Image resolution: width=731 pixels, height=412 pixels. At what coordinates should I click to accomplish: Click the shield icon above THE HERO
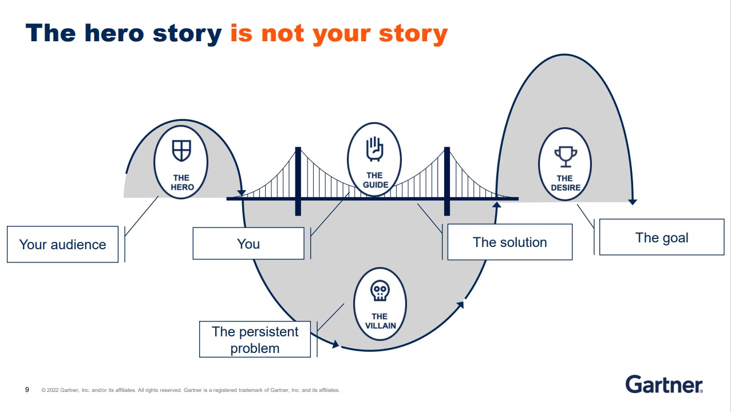(181, 151)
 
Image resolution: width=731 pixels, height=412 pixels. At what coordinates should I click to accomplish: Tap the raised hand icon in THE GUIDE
(374, 149)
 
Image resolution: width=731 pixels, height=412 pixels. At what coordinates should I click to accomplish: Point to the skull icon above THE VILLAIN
(380, 291)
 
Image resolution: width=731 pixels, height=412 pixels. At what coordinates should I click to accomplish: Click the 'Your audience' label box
(63, 244)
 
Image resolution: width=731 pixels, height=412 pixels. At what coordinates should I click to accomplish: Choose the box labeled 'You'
(248, 244)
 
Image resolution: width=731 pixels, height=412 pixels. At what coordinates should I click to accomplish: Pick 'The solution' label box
(509, 242)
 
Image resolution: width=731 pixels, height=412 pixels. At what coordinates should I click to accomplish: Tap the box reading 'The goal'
(662, 237)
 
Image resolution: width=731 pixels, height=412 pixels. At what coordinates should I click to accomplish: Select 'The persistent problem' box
(255, 339)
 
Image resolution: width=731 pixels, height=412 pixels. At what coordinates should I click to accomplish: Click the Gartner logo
(664, 384)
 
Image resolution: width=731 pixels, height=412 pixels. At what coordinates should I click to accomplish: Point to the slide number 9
(27, 390)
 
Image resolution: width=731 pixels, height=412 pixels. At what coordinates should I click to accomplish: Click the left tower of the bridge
(298, 181)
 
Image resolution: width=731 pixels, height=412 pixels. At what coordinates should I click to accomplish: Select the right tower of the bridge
(447, 181)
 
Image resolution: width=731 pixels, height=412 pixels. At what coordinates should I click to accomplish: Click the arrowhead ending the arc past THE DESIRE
(632, 201)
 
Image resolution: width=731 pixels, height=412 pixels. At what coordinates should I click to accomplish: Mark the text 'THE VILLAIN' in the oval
(380, 321)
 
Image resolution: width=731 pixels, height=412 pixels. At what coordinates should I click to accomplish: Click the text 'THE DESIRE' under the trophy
(565, 183)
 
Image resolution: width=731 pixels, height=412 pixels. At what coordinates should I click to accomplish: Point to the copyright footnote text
(191, 390)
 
